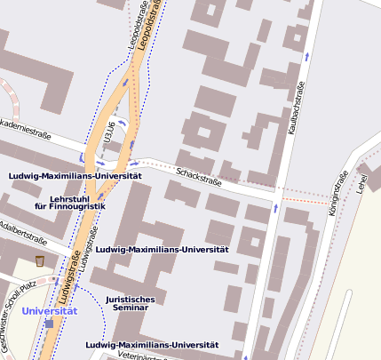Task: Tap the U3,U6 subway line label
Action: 110,132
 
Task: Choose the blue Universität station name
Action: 50,311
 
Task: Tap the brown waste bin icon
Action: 40,260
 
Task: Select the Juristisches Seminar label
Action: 130,303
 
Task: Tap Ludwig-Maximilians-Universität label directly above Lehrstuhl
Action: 75,176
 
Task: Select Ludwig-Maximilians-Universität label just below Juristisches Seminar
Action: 152,344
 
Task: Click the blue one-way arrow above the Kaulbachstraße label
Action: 307,55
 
